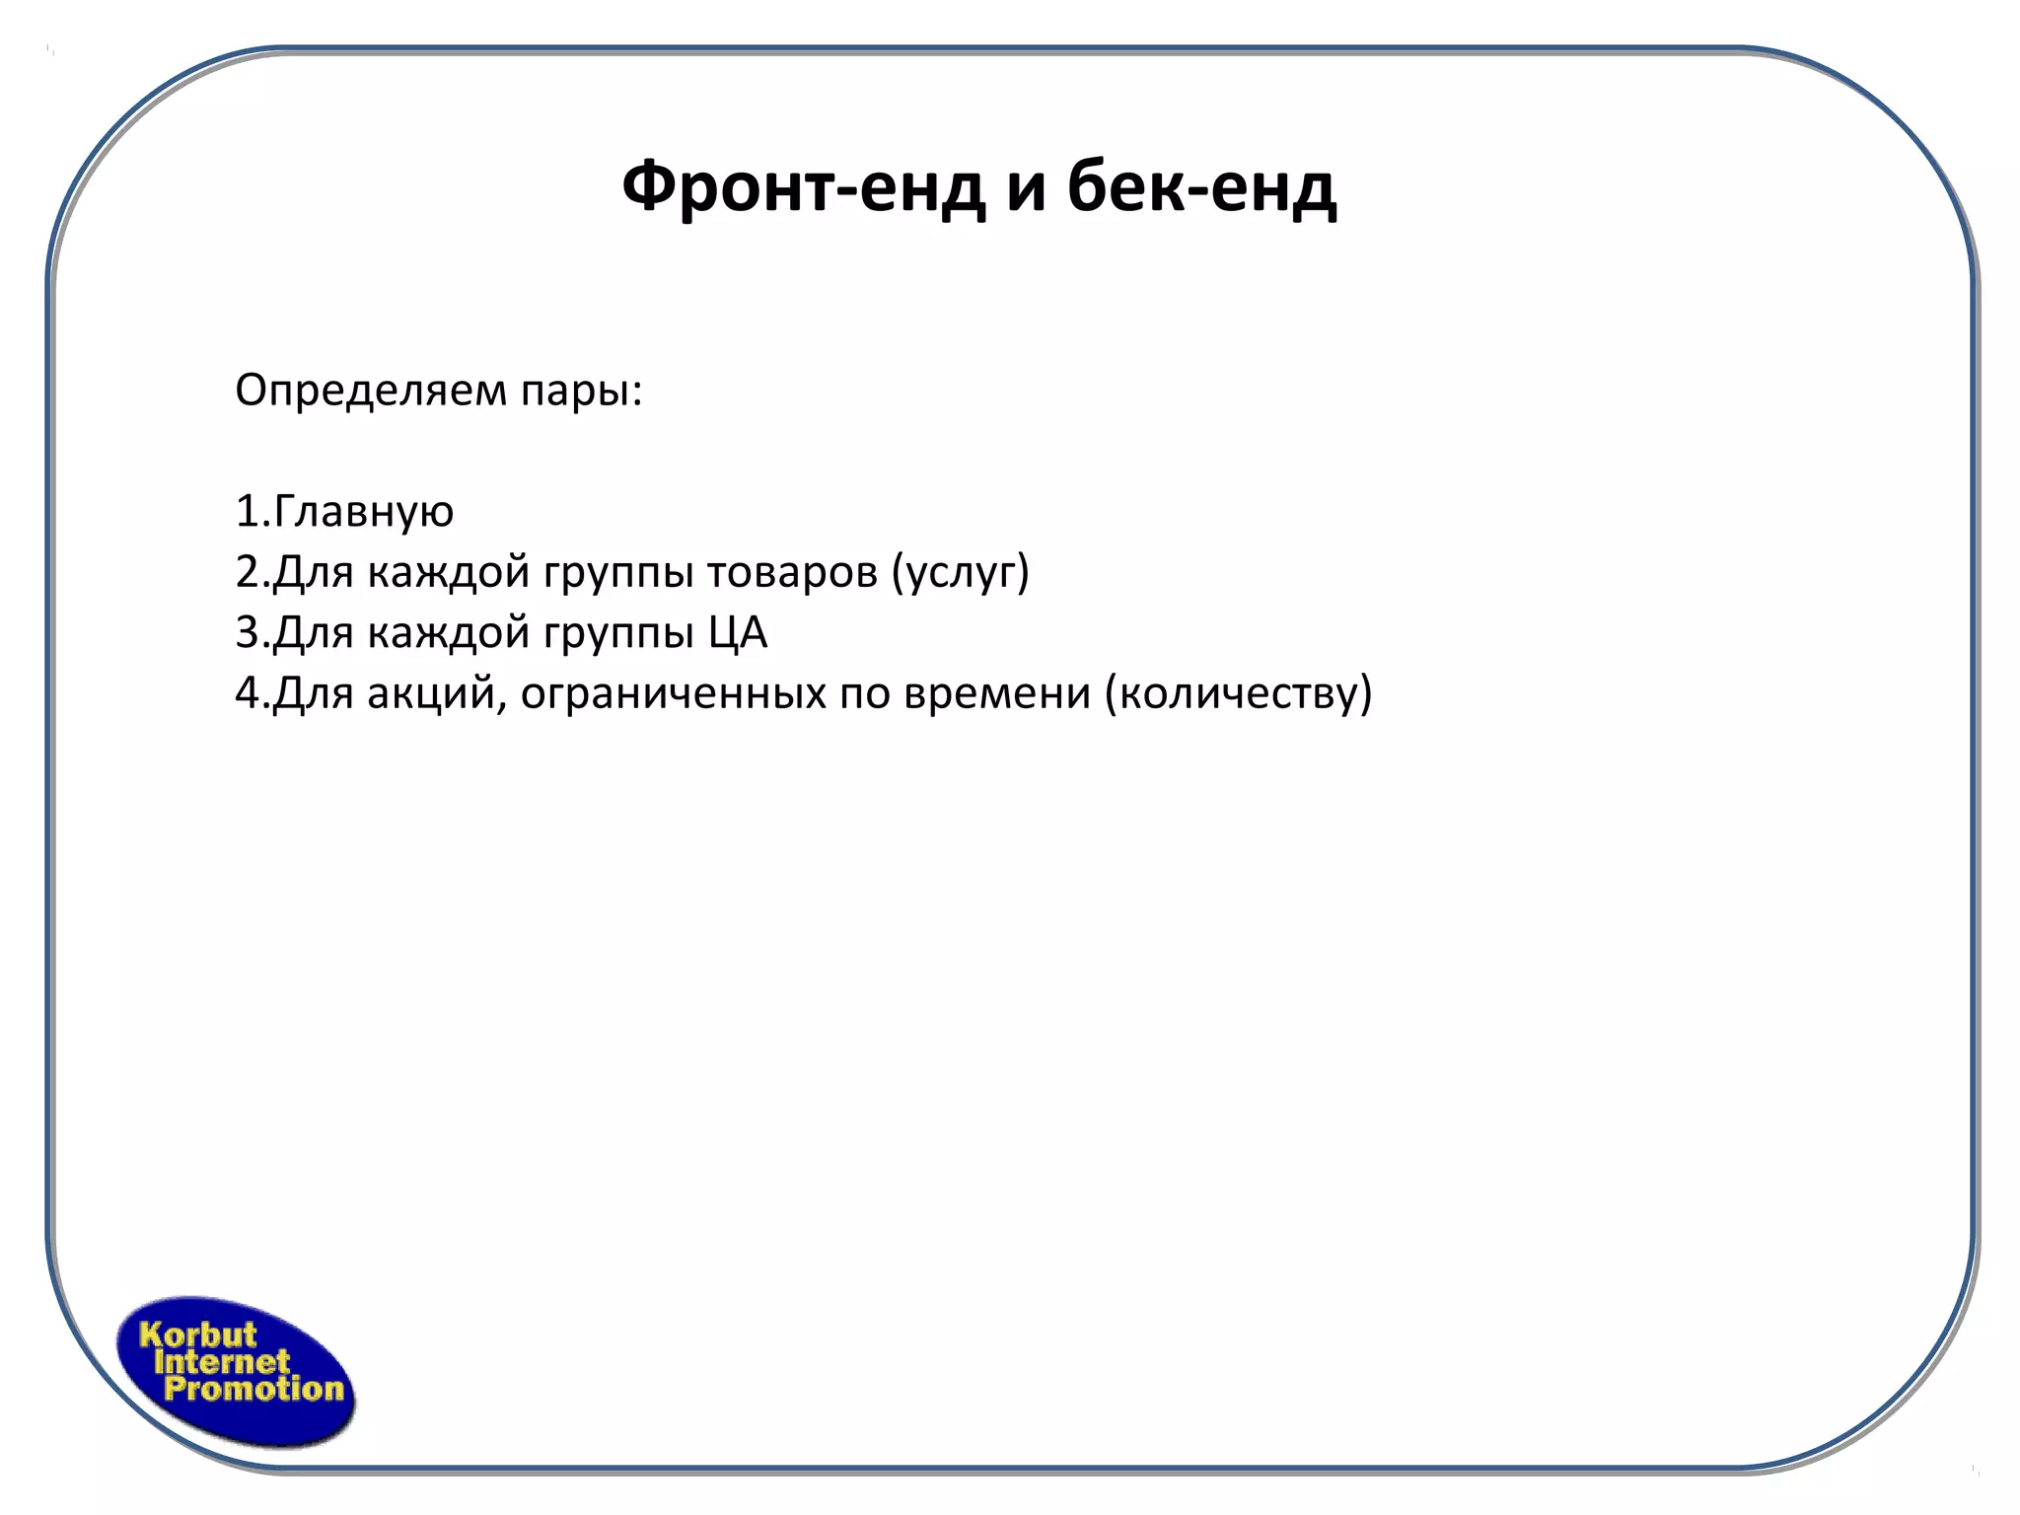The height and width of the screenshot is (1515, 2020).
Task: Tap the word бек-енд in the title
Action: pos(1201,187)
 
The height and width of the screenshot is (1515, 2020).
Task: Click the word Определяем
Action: pos(369,392)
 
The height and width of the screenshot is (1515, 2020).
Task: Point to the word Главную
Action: pos(362,512)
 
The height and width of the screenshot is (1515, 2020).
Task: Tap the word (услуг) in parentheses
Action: pos(960,572)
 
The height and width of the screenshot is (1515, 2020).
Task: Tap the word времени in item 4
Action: pos(997,692)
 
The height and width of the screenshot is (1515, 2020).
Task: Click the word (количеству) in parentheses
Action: pos(1238,692)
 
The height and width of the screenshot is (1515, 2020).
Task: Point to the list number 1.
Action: pos(247,512)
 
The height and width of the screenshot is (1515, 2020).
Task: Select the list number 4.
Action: pos(247,692)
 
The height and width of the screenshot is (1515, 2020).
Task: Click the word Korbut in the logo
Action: pos(198,1335)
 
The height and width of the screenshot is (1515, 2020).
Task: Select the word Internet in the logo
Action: pos(222,1362)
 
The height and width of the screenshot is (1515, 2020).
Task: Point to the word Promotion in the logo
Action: pos(253,1389)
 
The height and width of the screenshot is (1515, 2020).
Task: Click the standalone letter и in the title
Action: pos(1026,187)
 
